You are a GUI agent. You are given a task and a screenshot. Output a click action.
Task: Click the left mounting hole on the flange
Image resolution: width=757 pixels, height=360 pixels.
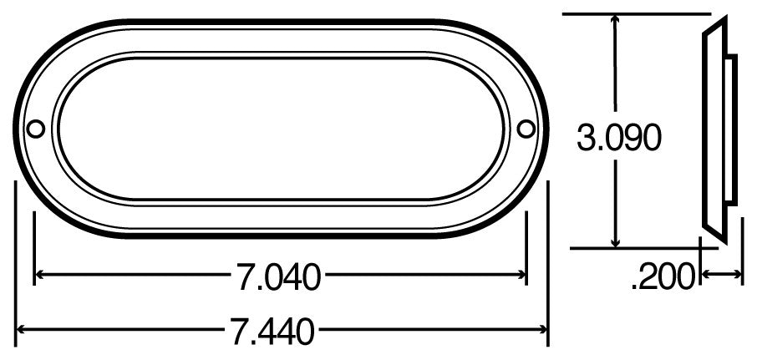click(x=36, y=129)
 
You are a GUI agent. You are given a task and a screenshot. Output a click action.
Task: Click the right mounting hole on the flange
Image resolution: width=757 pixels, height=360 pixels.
click(x=526, y=129)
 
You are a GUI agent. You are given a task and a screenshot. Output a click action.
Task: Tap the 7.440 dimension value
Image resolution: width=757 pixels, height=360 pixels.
click(x=273, y=332)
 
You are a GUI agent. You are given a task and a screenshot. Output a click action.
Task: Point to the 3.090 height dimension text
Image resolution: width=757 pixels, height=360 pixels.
click(x=619, y=139)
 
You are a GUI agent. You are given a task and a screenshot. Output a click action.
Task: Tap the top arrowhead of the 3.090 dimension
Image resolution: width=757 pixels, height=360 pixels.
click(x=616, y=18)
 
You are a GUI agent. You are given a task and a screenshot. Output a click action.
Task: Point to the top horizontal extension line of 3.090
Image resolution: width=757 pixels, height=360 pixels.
click(x=635, y=13)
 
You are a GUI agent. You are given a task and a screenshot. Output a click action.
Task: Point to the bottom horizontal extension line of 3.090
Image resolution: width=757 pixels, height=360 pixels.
click(x=635, y=248)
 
